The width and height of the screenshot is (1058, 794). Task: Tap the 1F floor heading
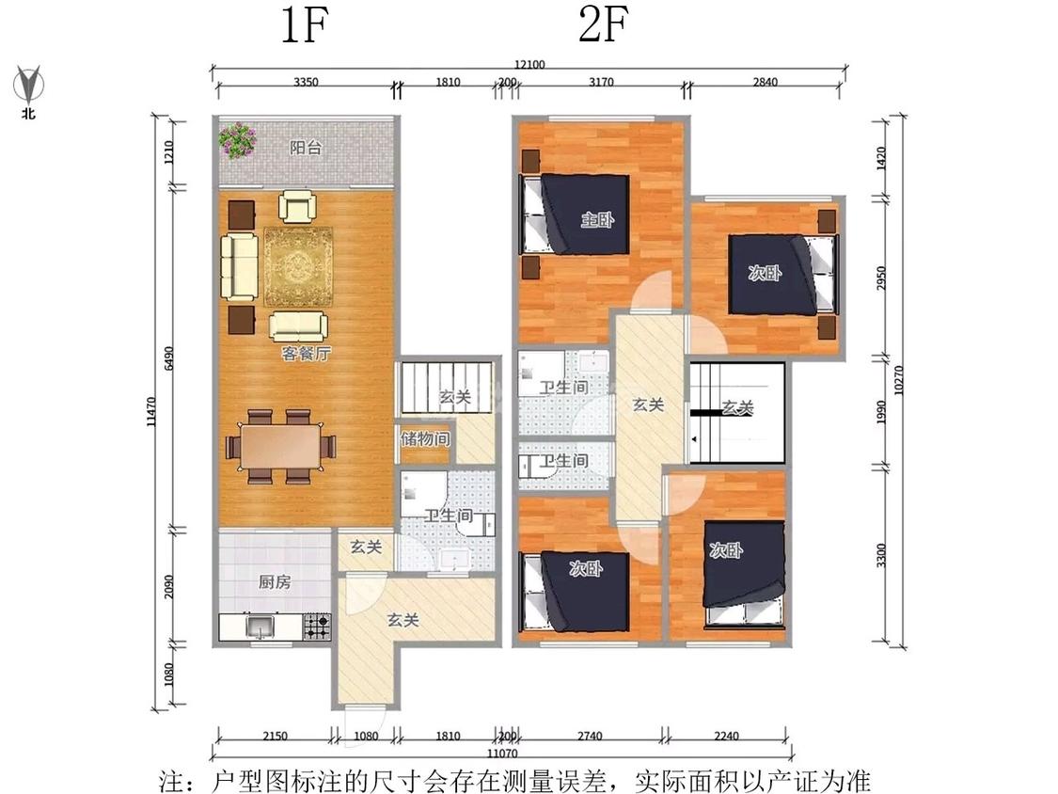(x=305, y=26)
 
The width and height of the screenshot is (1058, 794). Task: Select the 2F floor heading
(x=604, y=25)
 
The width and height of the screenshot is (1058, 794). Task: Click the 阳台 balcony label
(x=306, y=147)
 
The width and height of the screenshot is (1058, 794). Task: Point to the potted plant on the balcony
(x=237, y=140)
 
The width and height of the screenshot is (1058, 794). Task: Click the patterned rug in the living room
(x=298, y=266)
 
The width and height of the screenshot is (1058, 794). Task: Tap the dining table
(x=280, y=446)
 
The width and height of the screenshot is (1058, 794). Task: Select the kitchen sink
(x=259, y=627)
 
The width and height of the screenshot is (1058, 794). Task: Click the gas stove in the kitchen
(x=316, y=626)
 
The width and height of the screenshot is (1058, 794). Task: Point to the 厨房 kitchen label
(x=275, y=581)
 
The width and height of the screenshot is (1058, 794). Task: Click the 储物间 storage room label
(x=425, y=438)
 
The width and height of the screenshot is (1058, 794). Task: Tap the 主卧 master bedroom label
(x=598, y=219)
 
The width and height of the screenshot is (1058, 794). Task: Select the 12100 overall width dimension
(x=529, y=65)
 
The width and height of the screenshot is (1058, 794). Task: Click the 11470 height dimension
(x=151, y=411)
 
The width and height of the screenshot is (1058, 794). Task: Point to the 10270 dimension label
(x=898, y=380)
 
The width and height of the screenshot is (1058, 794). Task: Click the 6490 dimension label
(x=168, y=357)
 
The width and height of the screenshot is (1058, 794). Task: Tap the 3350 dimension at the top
(x=306, y=83)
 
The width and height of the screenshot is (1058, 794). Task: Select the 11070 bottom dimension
(x=501, y=754)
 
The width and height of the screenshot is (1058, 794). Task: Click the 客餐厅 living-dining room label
(x=307, y=353)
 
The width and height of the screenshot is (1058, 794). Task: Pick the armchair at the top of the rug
(x=297, y=207)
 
